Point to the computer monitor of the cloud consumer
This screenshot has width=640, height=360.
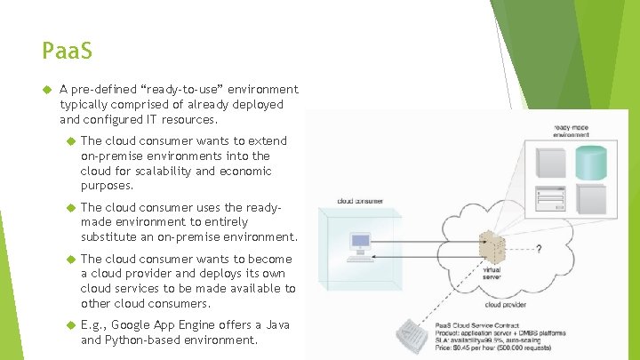pyautogui.click(x=361, y=242)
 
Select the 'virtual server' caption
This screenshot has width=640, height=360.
pyautogui.click(x=492, y=274)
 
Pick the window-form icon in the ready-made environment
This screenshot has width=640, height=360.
pyautogui.click(x=550, y=197)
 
